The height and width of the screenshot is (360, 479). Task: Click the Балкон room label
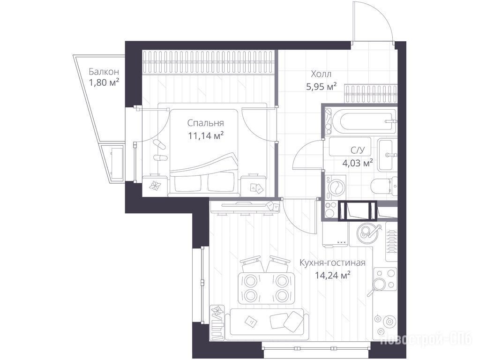pyautogui.click(x=104, y=72)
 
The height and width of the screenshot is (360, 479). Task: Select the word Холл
pyautogui.click(x=321, y=74)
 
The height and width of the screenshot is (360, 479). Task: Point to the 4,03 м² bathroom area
pyautogui.click(x=357, y=163)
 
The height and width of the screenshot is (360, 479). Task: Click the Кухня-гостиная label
pyautogui.click(x=332, y=263)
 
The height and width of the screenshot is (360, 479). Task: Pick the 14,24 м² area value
pyautogui.click(x=332, y=276)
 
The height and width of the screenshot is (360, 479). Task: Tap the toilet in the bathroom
pyautogui.click(x=384, y=185)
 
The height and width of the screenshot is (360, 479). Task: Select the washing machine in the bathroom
pyautogui.click(x=336, y=187)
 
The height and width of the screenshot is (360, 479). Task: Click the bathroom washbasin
pyautogui.click(x=387, y=155)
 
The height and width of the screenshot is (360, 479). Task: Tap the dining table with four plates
pyautogui.click(x=266, y=287)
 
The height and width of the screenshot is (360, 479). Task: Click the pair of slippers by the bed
pyautogui.click(x=159, y=151)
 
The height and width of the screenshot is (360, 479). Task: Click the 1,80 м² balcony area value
pyautogui.click(x=104, y=82)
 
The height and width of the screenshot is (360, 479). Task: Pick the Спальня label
pyautogui.click(x=206, y=123)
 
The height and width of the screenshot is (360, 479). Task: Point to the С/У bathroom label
pyautogui.click(x=358, y=150)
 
